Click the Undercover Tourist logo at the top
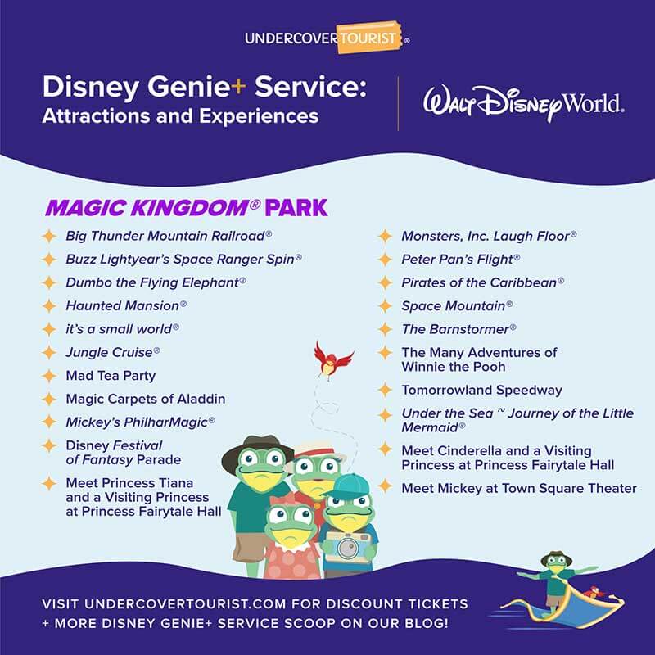[x=327, y=38]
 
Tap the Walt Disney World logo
[x=524, y=103]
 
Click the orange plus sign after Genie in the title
[x=238, y=87]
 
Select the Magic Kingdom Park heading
[x=187, y=208]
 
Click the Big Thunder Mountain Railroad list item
[x=169, y=236]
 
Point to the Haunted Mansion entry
[x=126, y=305]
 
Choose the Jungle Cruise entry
[x=113, y=352]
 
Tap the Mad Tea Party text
[x=111, y=376]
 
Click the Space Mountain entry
[x=457, y=305]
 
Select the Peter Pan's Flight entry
[x=461, y=260]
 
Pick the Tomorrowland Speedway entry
[x=481, y=391]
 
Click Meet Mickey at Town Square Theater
[x=519, y=488]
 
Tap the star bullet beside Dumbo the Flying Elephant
[x=49, y=282]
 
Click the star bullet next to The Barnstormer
[x=385, y=329]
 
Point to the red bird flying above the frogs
[x=333, y=360]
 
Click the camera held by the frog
[x=346, y=546]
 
